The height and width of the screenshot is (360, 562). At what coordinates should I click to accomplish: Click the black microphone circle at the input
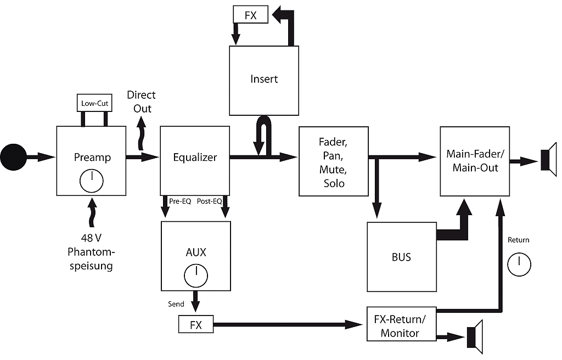13,157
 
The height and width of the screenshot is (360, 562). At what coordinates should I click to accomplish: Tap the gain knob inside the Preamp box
92,180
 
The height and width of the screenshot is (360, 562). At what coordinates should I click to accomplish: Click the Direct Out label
142,102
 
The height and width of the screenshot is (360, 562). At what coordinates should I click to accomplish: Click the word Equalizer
194,157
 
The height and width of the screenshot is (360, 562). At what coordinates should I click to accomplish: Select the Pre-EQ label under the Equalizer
179,201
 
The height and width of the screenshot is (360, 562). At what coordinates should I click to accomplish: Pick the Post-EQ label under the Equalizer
209,201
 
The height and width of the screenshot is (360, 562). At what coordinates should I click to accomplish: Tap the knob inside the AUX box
195,275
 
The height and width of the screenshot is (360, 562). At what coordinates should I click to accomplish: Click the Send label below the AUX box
176,304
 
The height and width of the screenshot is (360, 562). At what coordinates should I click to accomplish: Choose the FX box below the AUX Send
195,324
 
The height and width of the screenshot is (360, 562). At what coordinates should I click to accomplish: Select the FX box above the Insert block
251,14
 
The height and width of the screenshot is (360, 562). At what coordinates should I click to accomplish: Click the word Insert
264,79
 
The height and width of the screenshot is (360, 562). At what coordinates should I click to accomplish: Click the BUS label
402,257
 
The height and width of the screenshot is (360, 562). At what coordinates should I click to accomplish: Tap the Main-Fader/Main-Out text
475,161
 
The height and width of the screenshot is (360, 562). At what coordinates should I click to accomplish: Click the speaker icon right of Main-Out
548,161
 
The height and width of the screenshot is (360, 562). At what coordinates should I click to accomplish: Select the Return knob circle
519,264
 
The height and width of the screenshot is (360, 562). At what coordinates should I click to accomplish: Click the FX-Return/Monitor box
401,326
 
